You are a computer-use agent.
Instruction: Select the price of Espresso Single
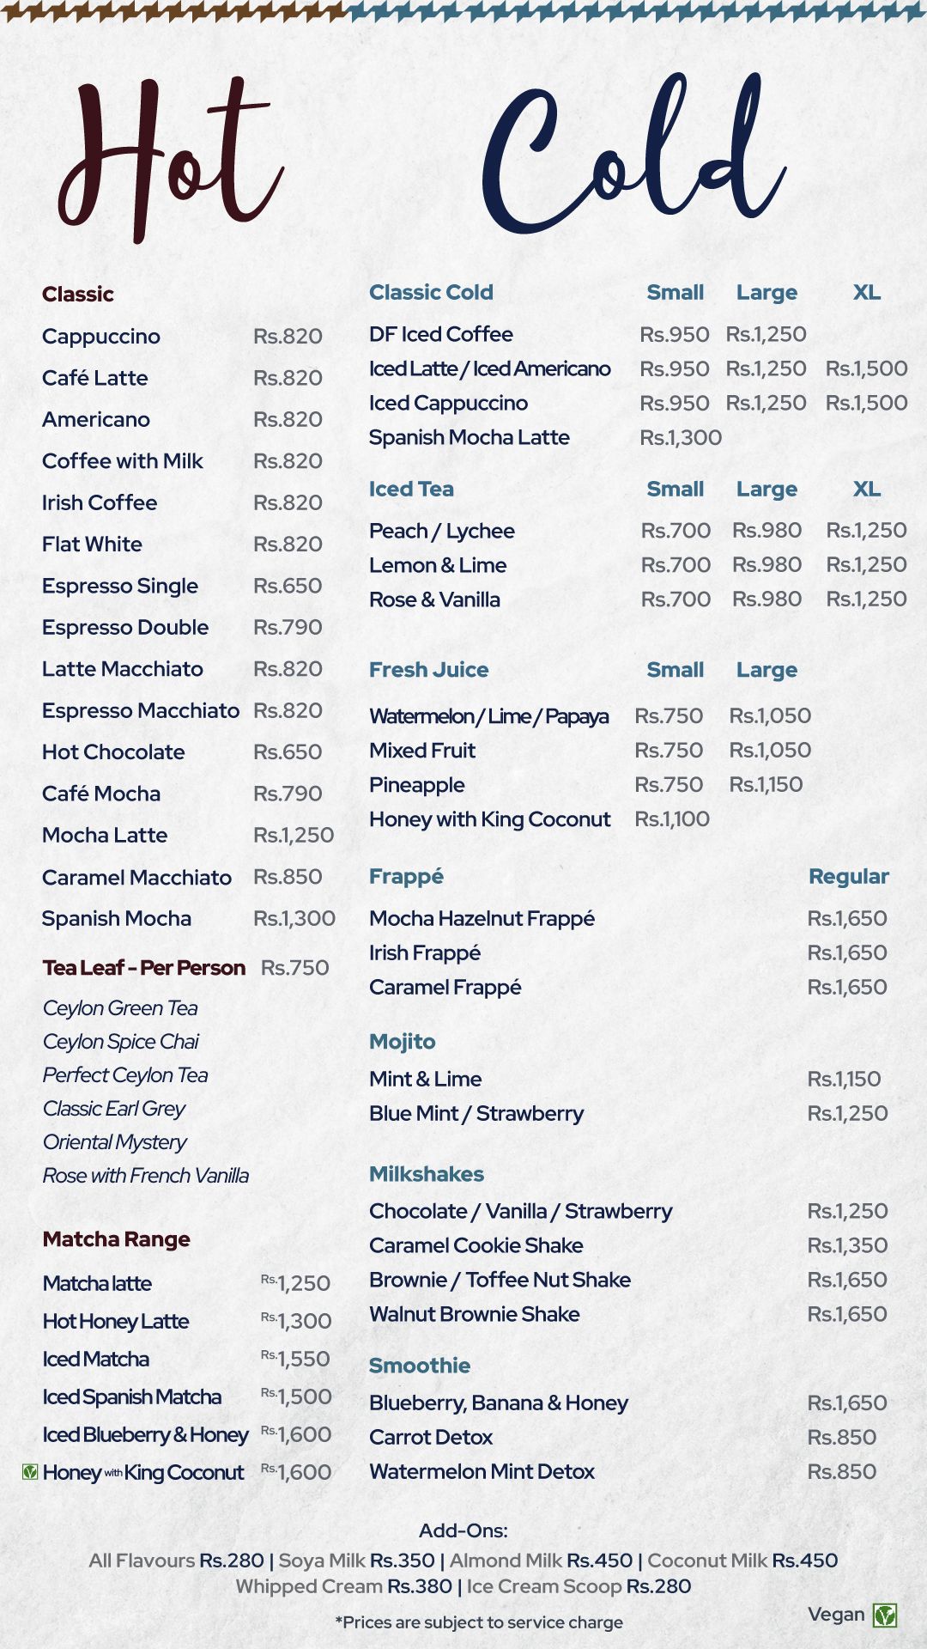click(288, 586)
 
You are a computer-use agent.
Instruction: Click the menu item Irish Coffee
click(100, 502)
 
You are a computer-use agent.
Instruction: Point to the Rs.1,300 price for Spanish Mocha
click(294, 918)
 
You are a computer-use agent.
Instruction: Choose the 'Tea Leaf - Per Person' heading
click(144, 968)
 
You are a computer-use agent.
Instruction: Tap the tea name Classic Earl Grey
click(114, 1109)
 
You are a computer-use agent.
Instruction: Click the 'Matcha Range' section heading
click(117, 1239)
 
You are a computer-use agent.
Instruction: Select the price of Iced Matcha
click(296, 1359)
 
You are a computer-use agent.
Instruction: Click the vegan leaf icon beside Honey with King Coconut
click(30, 1472)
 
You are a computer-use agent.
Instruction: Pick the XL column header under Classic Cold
click(866, 292)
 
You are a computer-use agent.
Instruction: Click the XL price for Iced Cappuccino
click(866, 403)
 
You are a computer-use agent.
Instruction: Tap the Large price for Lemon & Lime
click(766, 565)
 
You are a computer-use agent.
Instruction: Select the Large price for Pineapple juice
click(766, 784)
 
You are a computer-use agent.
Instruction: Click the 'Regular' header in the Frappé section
click(848, 877)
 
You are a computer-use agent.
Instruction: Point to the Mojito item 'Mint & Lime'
click(425, 1079)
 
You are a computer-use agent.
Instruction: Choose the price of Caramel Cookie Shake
click(847, 1245)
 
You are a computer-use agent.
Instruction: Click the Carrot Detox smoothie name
click(431, 1437)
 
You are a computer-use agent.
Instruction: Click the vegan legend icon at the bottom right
click(885, 1616)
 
